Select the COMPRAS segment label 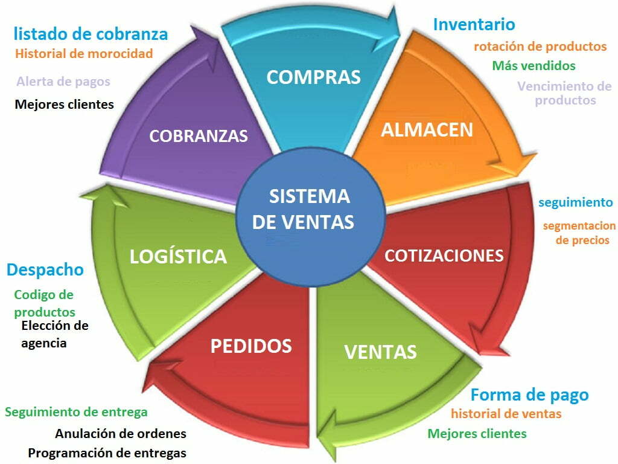coord(313,77)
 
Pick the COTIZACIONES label coord(444,256)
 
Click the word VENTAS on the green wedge coord(380,352)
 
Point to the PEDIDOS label coord(251,346)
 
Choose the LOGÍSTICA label coord(178,256)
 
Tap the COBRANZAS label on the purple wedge coord(199,136)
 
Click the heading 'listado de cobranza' coord(91,33)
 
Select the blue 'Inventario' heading coord(474,24)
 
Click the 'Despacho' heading coord(45,269)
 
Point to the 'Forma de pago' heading coord(529,395)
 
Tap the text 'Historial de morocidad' coord(84,53)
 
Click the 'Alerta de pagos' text coord(63,81)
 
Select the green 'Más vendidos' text coord(534,65)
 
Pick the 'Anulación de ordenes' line coord(121,434)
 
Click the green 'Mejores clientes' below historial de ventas coord(477,433)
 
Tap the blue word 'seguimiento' coord(575,202)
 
